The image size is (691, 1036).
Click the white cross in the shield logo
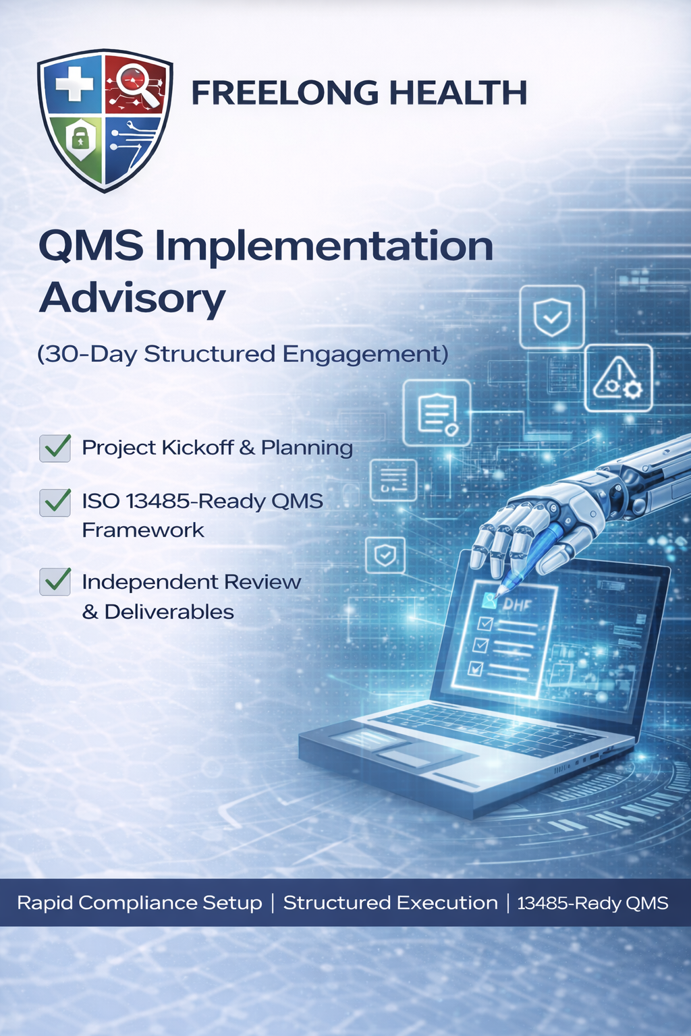(x=74, y=86)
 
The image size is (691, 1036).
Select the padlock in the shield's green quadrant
(x=80, y=140)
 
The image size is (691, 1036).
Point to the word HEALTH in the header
(x=458, y=93)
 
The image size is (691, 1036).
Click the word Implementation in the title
(x=324, y=247)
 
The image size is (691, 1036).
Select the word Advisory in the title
(x=132, y=298)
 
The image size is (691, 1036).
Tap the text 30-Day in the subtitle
(x=90, y=354)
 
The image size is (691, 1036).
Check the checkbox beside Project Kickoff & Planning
(x=55, y=448)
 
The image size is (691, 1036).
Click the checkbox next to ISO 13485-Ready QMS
(x=55, y=502)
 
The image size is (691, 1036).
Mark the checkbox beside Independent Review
(x=55, y=581)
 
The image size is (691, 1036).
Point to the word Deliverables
(x=169, y=612)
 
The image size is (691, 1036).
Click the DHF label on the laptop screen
(x=516, y=604)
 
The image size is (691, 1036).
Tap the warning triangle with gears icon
(x=618, y=379)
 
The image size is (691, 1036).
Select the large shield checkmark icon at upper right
(x=551, y=317)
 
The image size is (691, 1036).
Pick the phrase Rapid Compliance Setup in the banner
(x=140, y=903)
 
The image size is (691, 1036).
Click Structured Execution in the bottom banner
(x=390, y=903)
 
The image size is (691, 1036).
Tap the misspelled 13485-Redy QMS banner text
(x=592, y=903)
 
